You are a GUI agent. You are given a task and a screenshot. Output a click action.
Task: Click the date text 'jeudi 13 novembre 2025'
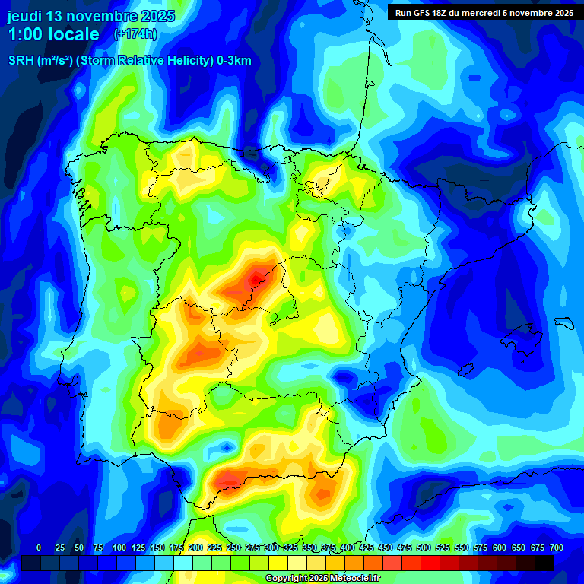[x=91, y=16]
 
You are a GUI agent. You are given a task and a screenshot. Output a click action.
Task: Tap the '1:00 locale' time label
[x=53, y=34]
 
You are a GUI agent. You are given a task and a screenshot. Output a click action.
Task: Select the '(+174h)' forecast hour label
[x=135, y=34]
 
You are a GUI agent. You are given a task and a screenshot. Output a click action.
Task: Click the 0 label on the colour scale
[x=39, y=547]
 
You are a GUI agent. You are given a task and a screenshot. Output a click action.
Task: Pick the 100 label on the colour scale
[x=119, y=547]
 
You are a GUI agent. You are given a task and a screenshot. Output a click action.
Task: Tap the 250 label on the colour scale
[x=233, y=547]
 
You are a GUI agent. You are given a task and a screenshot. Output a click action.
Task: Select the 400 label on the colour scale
[x=348, y=547]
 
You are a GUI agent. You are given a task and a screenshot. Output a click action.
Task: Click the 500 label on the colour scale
[x=424, y=547]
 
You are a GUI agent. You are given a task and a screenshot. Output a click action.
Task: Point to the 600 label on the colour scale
[x=500, y=547]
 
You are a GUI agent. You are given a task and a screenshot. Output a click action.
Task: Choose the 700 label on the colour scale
[x=557, y=547]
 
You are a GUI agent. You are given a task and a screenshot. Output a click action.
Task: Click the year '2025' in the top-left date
[x=158, y=16]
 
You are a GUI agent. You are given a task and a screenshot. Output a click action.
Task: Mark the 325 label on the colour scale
[x=290, y=547]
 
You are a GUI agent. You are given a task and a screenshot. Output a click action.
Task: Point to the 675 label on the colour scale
[x=538, y=547]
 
